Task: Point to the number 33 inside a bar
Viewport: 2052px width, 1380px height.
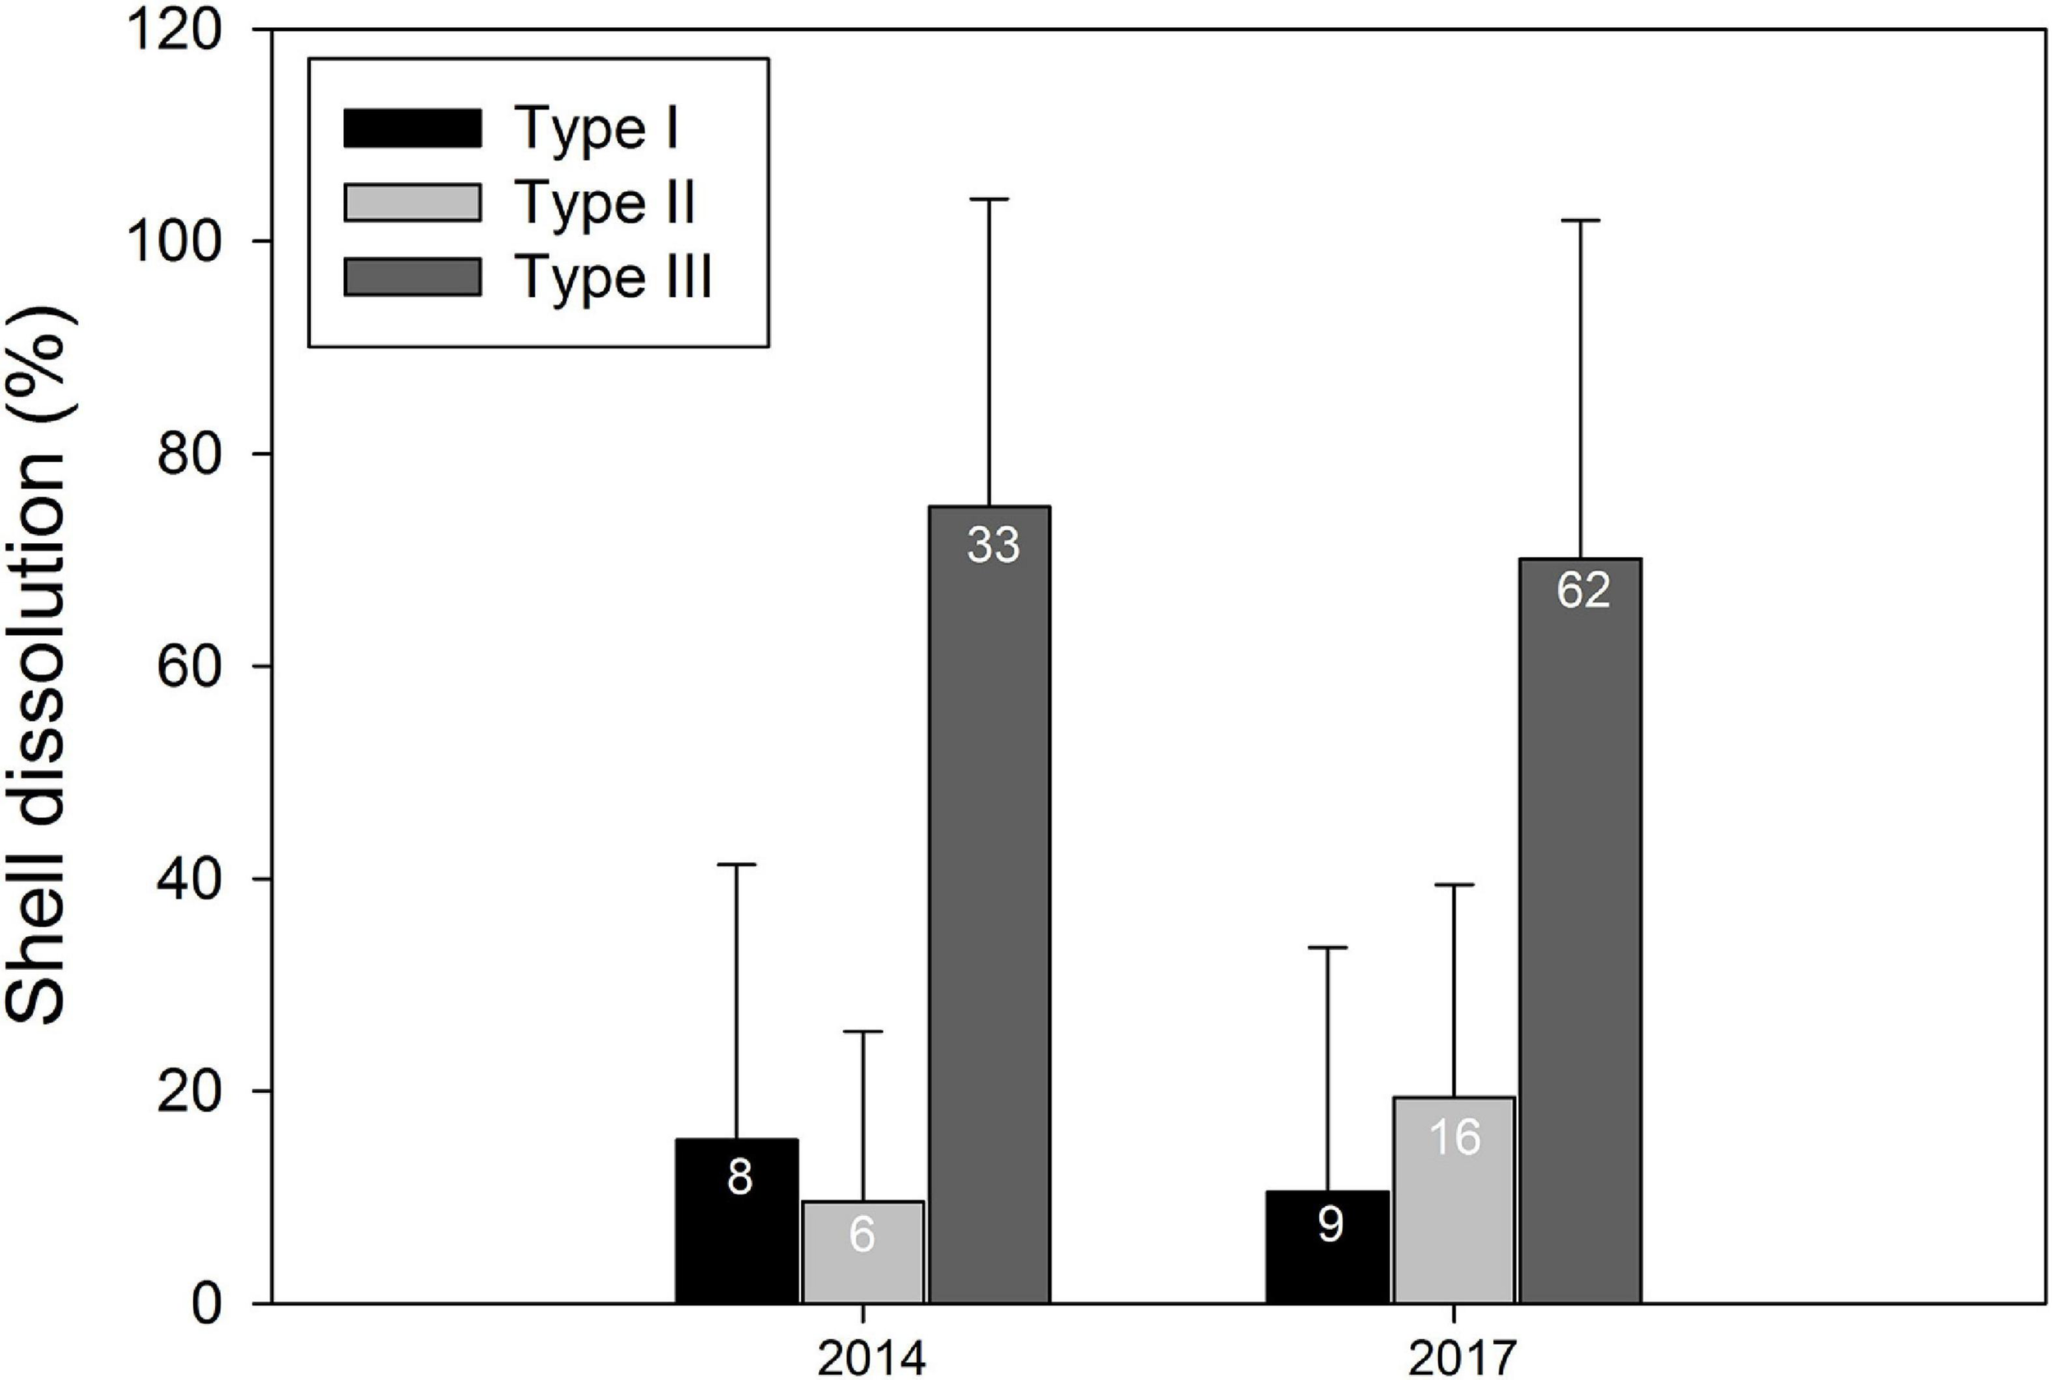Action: coord(993,546)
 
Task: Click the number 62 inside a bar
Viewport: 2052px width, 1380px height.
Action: coord(1583,591)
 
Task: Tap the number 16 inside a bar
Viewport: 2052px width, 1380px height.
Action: coord(1454,1137)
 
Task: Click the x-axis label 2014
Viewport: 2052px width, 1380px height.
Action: coord(872,1360)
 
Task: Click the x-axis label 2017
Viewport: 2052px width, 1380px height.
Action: coord(1462,1360)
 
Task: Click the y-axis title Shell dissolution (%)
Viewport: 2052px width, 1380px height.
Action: coord(39,665)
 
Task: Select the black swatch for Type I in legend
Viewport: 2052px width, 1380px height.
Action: coord(412,129)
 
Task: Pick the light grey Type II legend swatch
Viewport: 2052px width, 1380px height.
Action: coord(412,203)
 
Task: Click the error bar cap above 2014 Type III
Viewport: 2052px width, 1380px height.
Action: coord(989,200)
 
